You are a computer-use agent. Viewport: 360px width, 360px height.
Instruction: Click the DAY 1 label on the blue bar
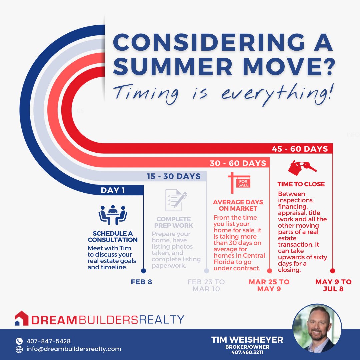tap(113, 191)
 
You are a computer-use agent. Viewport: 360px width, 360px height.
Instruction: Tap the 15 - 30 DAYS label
tap(174, 176)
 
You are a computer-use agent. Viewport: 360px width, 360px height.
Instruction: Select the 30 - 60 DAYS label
tap(238, 163)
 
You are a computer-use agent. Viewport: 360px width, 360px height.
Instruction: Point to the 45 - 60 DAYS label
tap(300, 149)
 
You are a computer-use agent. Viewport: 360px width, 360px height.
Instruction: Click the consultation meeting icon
tap(113, 214)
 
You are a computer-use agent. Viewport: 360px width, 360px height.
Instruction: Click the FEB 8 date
tap(141, 282)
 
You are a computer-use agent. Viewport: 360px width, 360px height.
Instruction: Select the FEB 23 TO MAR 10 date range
tap(206, 285)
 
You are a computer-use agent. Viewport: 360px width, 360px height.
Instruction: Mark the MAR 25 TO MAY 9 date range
tap(269, 285)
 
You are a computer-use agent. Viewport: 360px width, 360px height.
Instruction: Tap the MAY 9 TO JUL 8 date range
tap(333, 285)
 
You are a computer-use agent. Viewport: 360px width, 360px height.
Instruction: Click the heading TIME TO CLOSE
tap(301, 184)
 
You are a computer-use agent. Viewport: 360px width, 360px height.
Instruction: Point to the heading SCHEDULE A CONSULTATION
tap(113, 237)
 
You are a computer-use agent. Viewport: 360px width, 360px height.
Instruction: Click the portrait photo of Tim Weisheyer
tap(317, 328)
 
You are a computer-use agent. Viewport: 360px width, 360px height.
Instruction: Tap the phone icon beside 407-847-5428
tap(19, 341)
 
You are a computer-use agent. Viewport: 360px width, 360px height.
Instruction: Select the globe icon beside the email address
tap(19, 349)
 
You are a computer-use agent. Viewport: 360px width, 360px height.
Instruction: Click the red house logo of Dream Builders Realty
tap(22, 319)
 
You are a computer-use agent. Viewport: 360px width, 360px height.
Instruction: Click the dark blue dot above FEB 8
tap(143, 271)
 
